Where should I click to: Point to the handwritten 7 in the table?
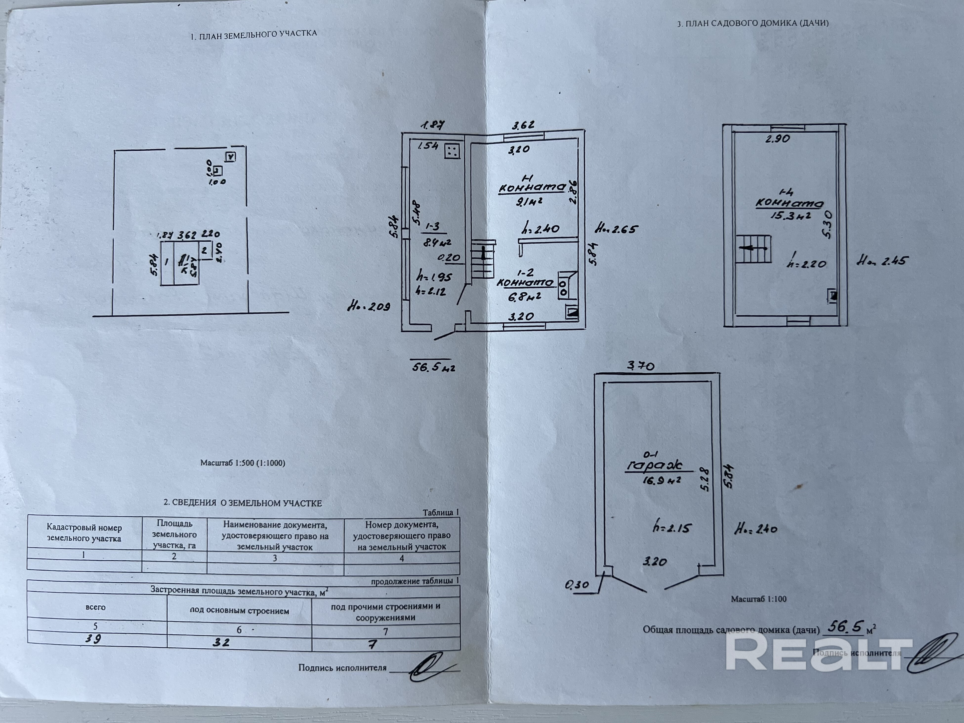pyautogui.click(x=372, y=644)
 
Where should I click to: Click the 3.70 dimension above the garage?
pyautogui.click(x=640, y=366)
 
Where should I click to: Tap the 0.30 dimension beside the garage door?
pyautogui.click(x=577, y=585)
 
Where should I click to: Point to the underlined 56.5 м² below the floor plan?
pyautogui.click(x=433, y=367)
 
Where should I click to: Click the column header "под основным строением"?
pyautogui.click(x=239, y=611)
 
